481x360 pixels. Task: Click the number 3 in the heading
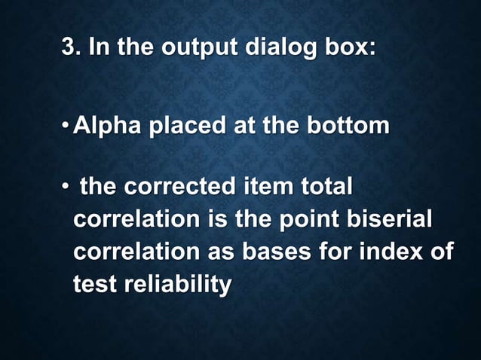(x=68, y=48)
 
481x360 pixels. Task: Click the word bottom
(x=346, y=127)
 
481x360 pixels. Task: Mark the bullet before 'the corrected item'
(x=66, y=186)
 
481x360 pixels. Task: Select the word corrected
(x=183, y=186)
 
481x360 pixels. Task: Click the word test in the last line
(x=92, y=285)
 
